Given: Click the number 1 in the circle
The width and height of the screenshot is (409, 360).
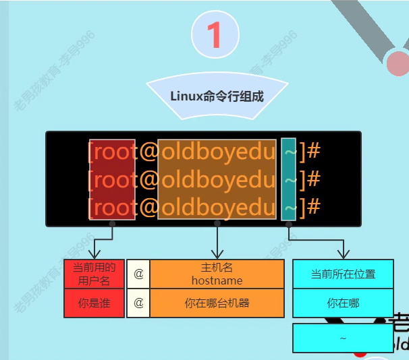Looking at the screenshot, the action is click(x=215, y=35).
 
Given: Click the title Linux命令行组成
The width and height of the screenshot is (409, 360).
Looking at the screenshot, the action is click(x=217, y=96).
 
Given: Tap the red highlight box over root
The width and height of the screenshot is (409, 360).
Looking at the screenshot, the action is click(x=113, y=179).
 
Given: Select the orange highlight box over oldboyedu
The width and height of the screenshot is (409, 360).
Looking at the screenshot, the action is click(x=217, y=179).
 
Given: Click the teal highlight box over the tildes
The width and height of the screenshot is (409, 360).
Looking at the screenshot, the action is click(x=288, y=179).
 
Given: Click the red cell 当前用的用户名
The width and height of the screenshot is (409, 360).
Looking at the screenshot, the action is click(x=94, y=274).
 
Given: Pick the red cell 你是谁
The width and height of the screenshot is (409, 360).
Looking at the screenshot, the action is click(x=94, y=303).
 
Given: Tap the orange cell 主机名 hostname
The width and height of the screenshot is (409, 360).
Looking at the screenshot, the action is click(x=217, y=274).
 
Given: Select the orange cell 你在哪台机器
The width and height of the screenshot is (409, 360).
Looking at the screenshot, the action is click(x=217, y=303).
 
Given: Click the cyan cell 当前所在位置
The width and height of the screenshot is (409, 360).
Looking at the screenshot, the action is click(x=343, y=274).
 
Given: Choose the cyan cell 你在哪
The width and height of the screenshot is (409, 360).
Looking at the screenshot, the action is click(x=343, y=303).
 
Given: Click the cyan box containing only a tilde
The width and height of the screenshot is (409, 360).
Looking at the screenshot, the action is click(x=343, y=338).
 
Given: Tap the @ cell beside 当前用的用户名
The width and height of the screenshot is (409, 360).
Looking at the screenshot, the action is click(x=138, y=274).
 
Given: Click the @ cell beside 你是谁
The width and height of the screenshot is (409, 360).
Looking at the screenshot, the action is click(x=138, y=303).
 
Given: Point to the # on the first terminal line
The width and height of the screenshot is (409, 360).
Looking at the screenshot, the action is click(x=313, y=151).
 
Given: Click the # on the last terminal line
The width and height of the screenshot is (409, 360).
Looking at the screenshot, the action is click(x=313, y=206).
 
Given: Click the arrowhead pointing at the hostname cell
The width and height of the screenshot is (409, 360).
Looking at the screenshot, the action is click(x=217, y=253).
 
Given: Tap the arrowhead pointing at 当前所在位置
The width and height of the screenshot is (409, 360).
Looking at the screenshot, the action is click(x=343, y=254).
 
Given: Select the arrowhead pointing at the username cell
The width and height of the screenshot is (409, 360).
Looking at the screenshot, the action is click(x=94, y=253).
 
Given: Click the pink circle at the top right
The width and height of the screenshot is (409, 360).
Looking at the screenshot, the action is click(x=398, y=63).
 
